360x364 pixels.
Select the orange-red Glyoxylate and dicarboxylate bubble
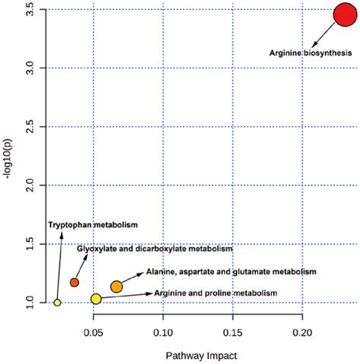pos(74,283)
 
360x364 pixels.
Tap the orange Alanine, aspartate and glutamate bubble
pos(116,286)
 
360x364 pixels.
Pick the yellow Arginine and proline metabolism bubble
pos(96,299)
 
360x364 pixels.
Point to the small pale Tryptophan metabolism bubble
pos(57,302)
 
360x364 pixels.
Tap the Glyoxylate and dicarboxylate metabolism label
pos(155,248)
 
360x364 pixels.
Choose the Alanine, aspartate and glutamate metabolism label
pos(219,271)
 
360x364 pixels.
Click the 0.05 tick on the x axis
pos(93,331)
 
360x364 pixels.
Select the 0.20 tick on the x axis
pos(302,331)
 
